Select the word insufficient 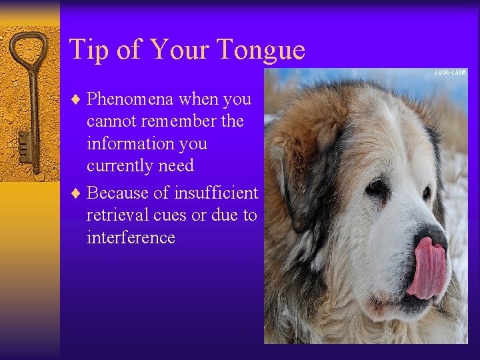[x=216, y=193]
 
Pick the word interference [x=131, y=238]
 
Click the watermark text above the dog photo [x=451, y=72]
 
